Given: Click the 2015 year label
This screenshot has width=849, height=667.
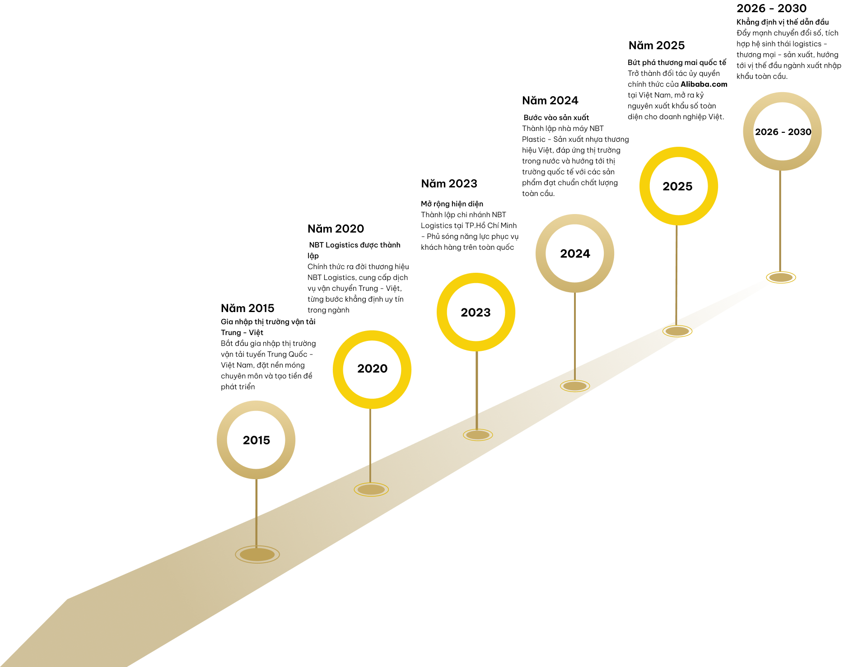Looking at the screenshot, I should (x=257, y=440).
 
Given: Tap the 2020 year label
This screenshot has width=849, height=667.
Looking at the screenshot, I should (x=372, y=368).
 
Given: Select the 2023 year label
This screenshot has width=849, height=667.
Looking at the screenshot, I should (x=476, y=313).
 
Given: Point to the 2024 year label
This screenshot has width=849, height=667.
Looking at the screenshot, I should (x=575, y=254).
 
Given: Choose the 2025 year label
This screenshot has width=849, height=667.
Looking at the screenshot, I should (x=677, y=187).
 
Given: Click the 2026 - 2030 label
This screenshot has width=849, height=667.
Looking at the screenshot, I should (x=783, y=132).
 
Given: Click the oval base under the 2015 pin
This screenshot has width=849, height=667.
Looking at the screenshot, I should (x=257, y=554).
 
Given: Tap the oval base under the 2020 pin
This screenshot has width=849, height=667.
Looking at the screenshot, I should (x=371, y=490).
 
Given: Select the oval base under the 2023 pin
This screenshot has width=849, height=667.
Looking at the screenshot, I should (x=478, y=435).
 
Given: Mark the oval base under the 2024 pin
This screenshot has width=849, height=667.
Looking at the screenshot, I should (x=575, y=386).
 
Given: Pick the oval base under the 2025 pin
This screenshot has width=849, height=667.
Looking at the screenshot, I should (x=677, y=331).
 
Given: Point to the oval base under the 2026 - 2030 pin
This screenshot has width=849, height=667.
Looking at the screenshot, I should (x=781, y=277).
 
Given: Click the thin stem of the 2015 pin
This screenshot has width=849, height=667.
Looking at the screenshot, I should (x=257, y=513).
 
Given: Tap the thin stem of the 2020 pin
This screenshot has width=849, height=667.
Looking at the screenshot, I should (x=370, y=445).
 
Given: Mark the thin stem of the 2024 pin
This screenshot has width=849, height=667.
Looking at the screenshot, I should (x=575, y=336).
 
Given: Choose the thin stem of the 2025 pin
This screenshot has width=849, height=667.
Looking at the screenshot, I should (x=676, y=275).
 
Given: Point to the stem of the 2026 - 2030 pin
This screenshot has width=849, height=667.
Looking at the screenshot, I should (x=780, y=221).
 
